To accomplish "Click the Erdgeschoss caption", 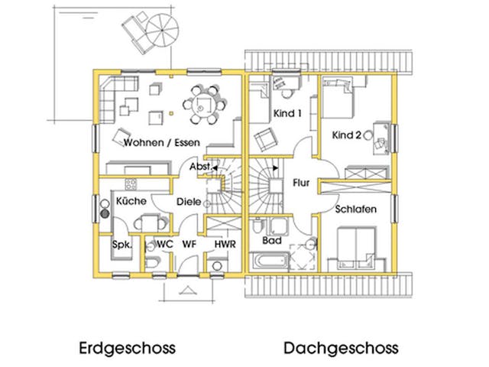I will (127, 349).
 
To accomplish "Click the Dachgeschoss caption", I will (341, 349).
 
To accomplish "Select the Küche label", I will (131, 201).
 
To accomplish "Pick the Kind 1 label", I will (288, 113).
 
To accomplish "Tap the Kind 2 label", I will (347, 135).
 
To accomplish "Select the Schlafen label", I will (355, 209).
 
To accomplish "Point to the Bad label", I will (272, 240).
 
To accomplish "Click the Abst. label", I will (200, 167).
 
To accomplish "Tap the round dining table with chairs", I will (205, 106).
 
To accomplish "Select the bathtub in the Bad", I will (270, 261).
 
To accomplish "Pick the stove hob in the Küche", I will (130, 184).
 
